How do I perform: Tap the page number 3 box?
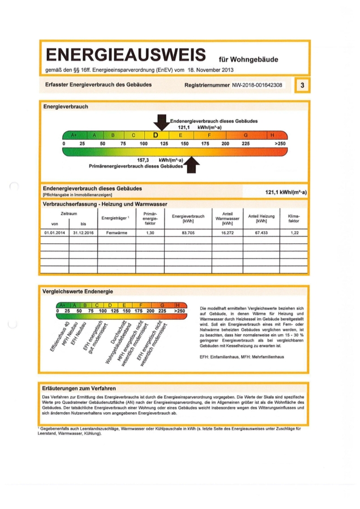click(303, 85)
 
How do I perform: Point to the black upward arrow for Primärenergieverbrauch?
click(192, 165)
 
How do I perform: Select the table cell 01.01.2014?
click(55, 232)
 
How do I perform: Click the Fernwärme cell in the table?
click(117, 232)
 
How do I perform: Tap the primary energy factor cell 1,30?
click(150, 232)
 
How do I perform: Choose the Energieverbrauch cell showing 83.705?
click(188, 232)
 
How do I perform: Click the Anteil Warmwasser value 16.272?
click(228, 232)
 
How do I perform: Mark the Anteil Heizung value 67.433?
click(262, 232)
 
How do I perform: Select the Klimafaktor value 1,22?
click(294, 232)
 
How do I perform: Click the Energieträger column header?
click(116, 218)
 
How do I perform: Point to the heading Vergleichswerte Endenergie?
click(78, 291)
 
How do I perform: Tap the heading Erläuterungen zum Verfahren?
click(79, 389)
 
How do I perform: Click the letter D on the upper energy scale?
click(155, 135)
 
